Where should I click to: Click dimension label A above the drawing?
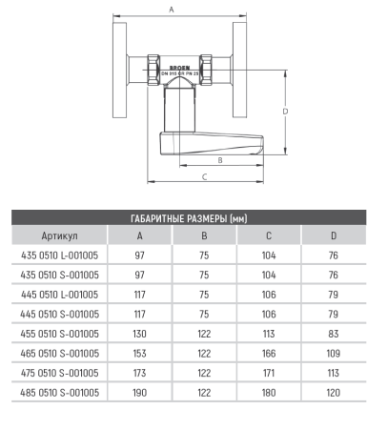[x=171, y=10]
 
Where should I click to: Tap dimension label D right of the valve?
[x=285, y=112]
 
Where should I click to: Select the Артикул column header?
[x=59, y=235]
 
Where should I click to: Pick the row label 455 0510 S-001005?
[x=59, y=334]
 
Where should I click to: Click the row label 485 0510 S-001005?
[x=59, y=392]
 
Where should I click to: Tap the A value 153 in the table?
[x=140, y=353]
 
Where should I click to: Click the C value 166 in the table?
[x=268, y=353]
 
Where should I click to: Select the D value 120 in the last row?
[x=333, y=392]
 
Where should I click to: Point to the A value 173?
[x=140, y=373]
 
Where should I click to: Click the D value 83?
[x=333, y=334]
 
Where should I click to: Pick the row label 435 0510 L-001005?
[x=59, y=255]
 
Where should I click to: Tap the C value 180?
[x=268, y=392]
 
